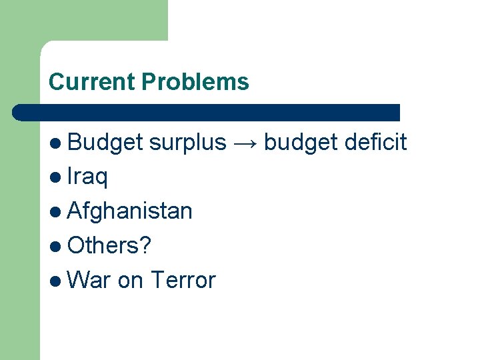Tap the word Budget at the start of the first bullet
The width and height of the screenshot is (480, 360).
pyautogui.click(x=105, y=143)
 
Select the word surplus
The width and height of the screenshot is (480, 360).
pyautogui.click(x=188, y=143)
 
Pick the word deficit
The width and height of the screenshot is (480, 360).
pyautogui.click(x=376, y=143)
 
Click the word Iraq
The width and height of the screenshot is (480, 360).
pyautogui.click(x=87, y=177)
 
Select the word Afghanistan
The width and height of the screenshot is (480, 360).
pyautogui.click(x=130, y=211)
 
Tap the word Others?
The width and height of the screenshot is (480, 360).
pyautogui.click(x=109, y=246)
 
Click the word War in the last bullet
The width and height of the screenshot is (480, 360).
pyautogui.click(x=89, y=280)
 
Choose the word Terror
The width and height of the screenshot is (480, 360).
pyautogui.click(x=183, y=280)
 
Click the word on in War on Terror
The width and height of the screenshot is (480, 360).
pyautogui.click(x=131, y=280)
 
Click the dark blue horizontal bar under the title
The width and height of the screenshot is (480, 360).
pyautogui.click(x=207, y=112)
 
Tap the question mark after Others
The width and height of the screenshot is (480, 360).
pyautogui.click(x=146, y=246)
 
